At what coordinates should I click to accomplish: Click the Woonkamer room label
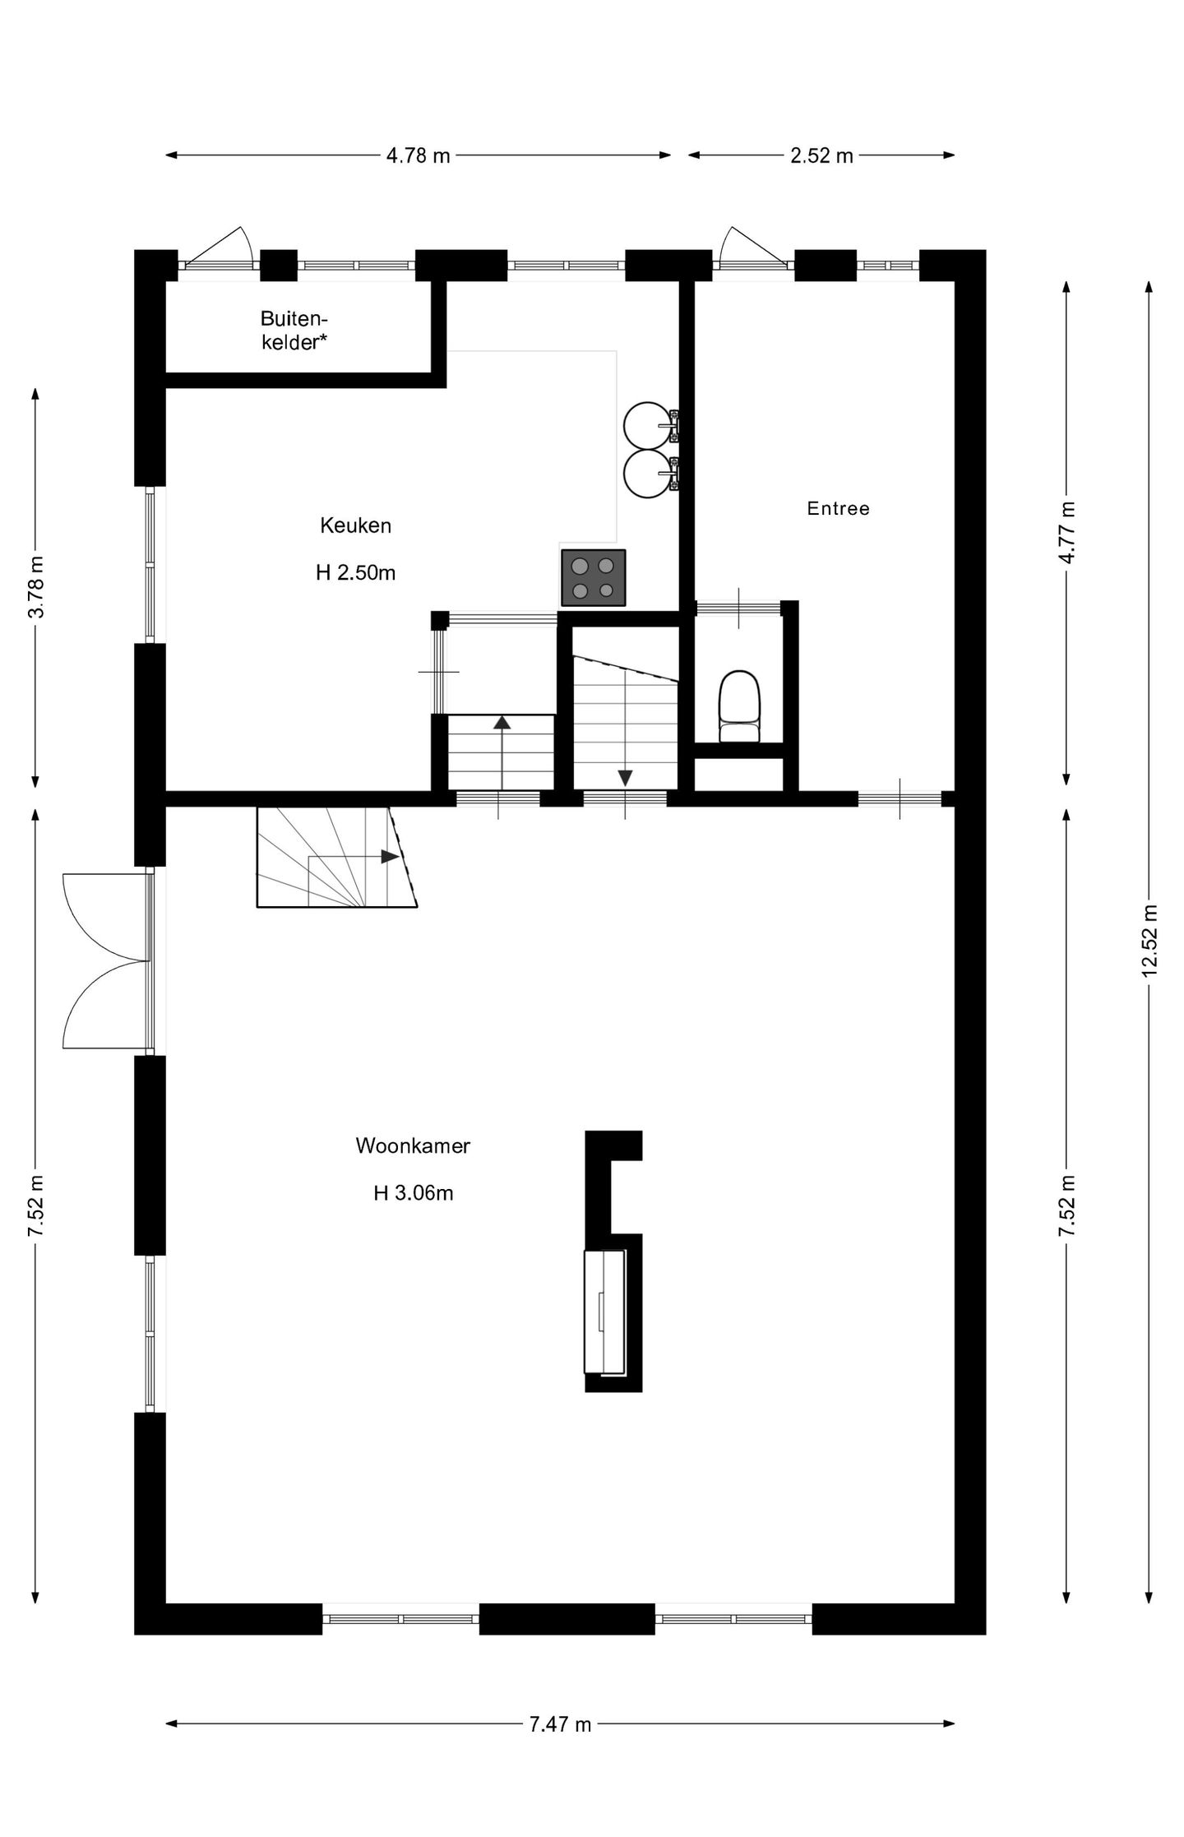tap(412, 1145)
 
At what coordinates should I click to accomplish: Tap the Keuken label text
tap(355, 525)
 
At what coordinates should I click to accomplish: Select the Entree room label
tap(838, 508)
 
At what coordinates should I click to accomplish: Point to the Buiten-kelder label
tap(294, 331)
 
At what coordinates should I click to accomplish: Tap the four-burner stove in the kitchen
tap(593, 578)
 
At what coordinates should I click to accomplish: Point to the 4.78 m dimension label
tap(419, 155)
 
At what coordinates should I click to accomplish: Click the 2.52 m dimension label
tap(821, 155)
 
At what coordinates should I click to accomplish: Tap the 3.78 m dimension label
tap(35, 587)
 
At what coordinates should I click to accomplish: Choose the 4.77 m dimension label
tap(1066, 533)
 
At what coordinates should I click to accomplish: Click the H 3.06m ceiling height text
tap(413, 1193)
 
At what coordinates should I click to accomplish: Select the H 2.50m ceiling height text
tap(355, 573)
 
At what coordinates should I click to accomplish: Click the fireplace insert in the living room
tap(604, 1312)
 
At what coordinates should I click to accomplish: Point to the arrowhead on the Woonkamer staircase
tap(390, 857)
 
